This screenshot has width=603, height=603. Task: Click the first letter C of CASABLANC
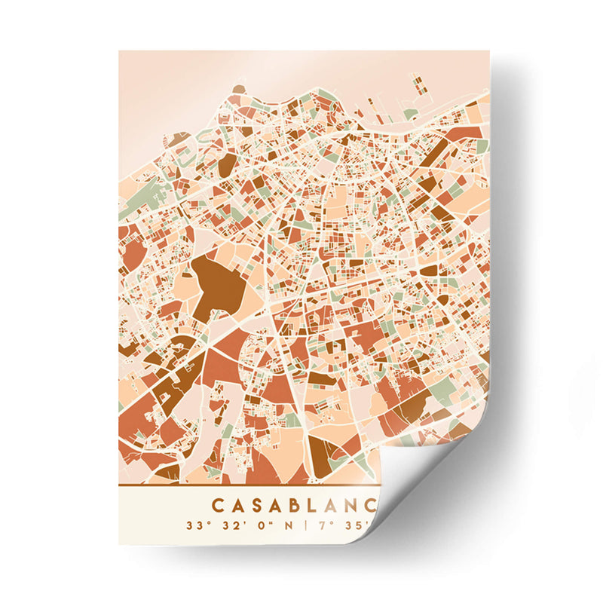(218, 504)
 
